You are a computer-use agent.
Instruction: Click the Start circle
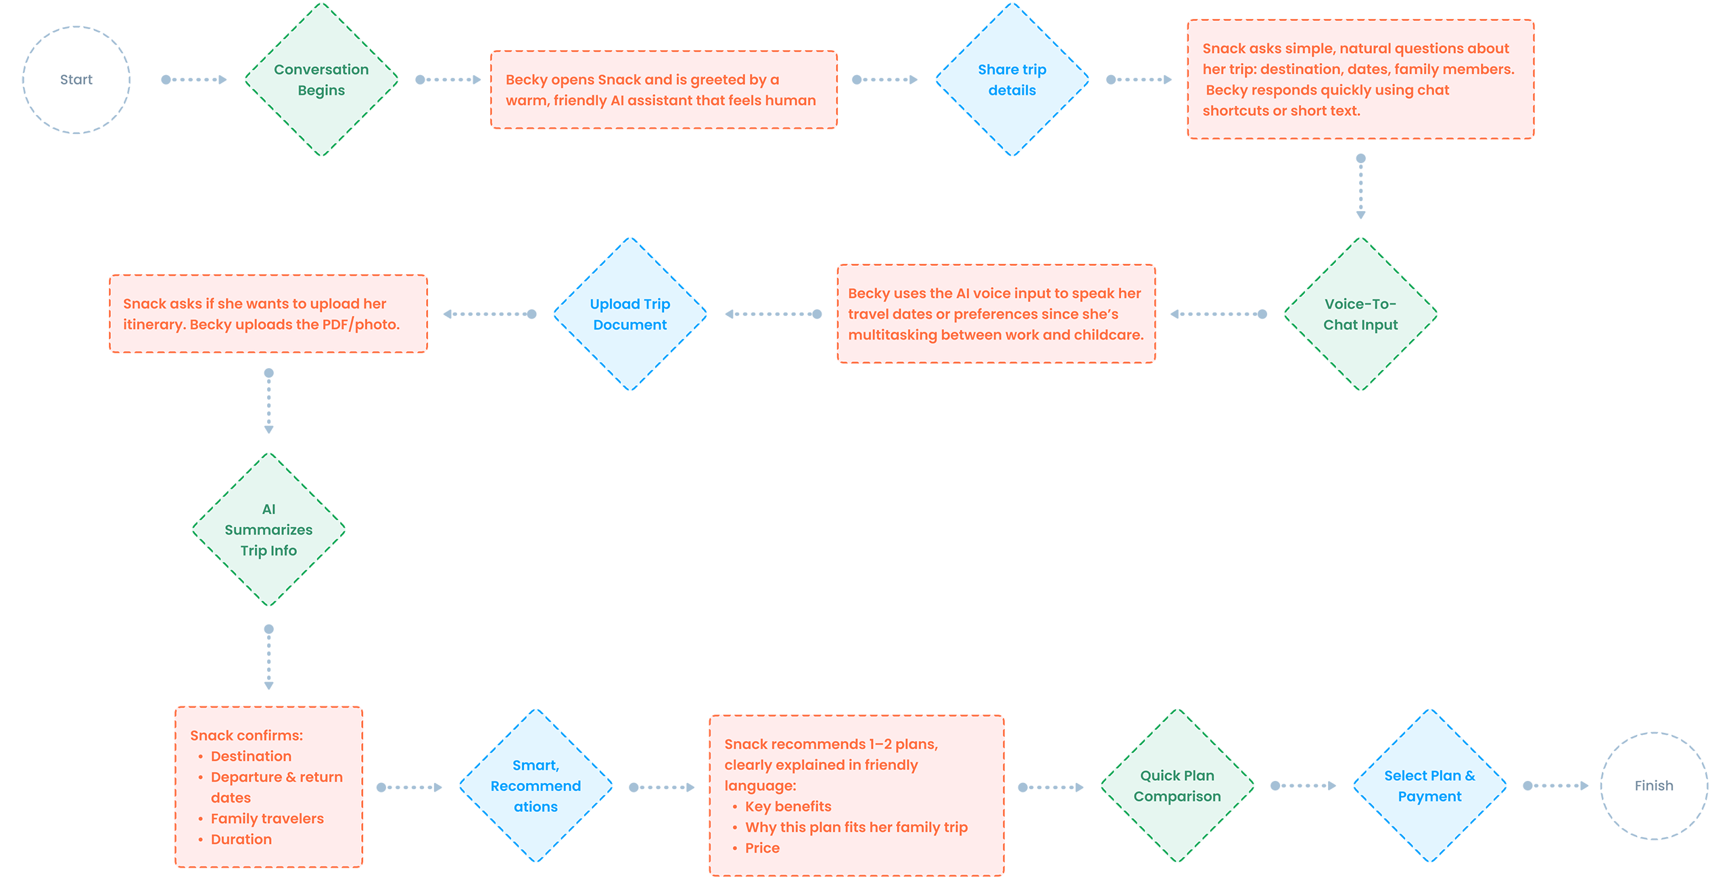point(76,80)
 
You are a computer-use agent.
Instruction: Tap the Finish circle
point(1654,786)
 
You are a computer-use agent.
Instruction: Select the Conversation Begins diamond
point(321,80)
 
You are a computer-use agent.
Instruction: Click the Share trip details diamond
point(1012,80)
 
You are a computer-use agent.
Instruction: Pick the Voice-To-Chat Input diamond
point(1360,314)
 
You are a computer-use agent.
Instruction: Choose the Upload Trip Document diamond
point(630,314)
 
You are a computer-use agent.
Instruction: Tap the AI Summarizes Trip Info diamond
point(268,529)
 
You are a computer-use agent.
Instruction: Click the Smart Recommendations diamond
point(536,786)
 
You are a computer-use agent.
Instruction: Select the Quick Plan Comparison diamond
point(1177,786)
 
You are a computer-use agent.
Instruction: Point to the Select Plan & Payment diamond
point(1429,786)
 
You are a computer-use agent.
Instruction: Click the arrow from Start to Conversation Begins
point(194,80)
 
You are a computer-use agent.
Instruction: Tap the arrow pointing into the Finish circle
point(1555,786)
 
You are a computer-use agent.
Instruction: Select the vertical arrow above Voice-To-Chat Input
point(1360,187)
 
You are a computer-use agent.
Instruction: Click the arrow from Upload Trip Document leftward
point(490,314)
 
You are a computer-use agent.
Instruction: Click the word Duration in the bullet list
point(241,839)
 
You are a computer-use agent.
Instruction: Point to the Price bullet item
point(762,848)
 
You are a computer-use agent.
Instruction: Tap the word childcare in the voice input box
point(1108,335)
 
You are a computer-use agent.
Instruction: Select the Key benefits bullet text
point(788,807)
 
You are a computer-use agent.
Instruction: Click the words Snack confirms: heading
point(246,736)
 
